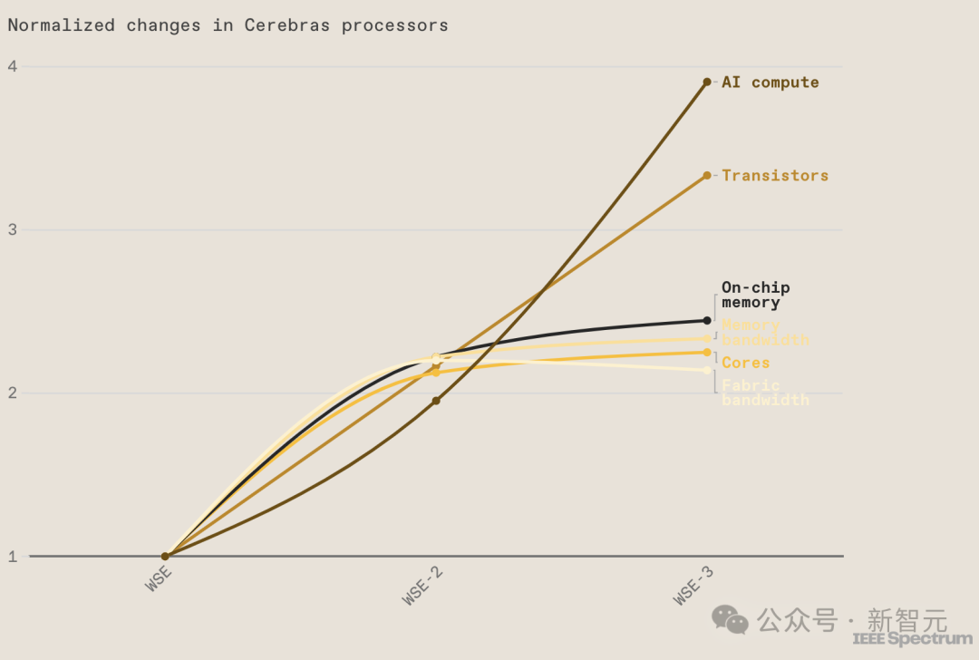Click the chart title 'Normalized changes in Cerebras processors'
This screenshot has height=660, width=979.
tap(228, 25)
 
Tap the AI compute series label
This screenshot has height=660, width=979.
tap(770, 82)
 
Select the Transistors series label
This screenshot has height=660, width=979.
tap(775, 176)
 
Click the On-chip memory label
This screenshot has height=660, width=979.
tap(755, 296)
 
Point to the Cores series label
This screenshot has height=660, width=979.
tap(745, 363)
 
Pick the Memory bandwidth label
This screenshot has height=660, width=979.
tap(764, 333)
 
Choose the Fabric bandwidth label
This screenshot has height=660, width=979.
tap(764, 393)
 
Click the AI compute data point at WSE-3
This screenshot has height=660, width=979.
tap(707, 82)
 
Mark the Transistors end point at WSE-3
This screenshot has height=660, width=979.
tap(707, 176)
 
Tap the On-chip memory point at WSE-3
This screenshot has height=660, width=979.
tap(707, 320)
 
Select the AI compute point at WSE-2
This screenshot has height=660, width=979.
tap(436, 401)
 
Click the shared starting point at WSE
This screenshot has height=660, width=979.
tap(165, 556)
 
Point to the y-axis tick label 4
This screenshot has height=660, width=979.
tap(13, 66)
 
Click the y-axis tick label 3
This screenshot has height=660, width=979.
tap(13, 230)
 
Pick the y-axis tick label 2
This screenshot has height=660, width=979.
tap(13, 393)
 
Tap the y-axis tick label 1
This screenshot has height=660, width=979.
tap(13, 557)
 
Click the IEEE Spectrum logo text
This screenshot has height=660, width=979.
tap(912, 639)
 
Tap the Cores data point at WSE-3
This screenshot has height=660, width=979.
tap(707, 352)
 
